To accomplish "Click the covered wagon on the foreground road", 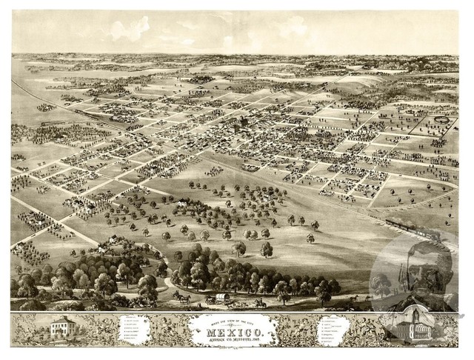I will click(223, 299).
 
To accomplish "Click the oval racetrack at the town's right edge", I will click(442, 119).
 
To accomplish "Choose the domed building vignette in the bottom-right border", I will click(412, 327).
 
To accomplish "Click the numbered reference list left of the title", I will click(144, 330).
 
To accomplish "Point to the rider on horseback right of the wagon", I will click(259, 301).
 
